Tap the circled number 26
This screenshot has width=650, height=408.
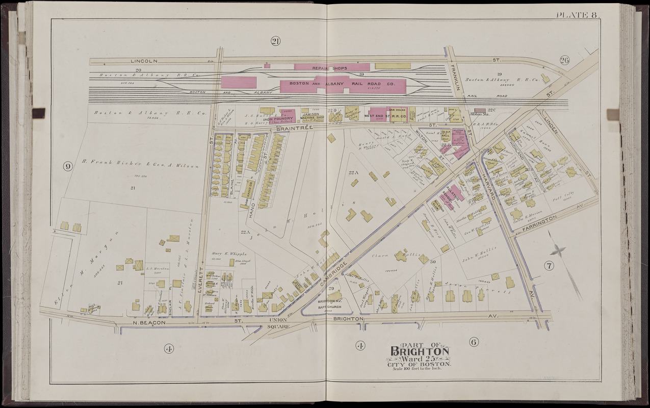click(564, 61)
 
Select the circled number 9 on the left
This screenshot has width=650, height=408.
click(67, 166)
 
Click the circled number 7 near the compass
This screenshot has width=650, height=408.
click(549, 265)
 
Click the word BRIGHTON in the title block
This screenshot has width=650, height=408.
click(420, 351)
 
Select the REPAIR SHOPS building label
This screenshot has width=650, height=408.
click(332, 67)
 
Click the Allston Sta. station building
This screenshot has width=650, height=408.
click(480, 110)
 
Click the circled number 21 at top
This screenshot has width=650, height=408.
click(275, 42)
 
